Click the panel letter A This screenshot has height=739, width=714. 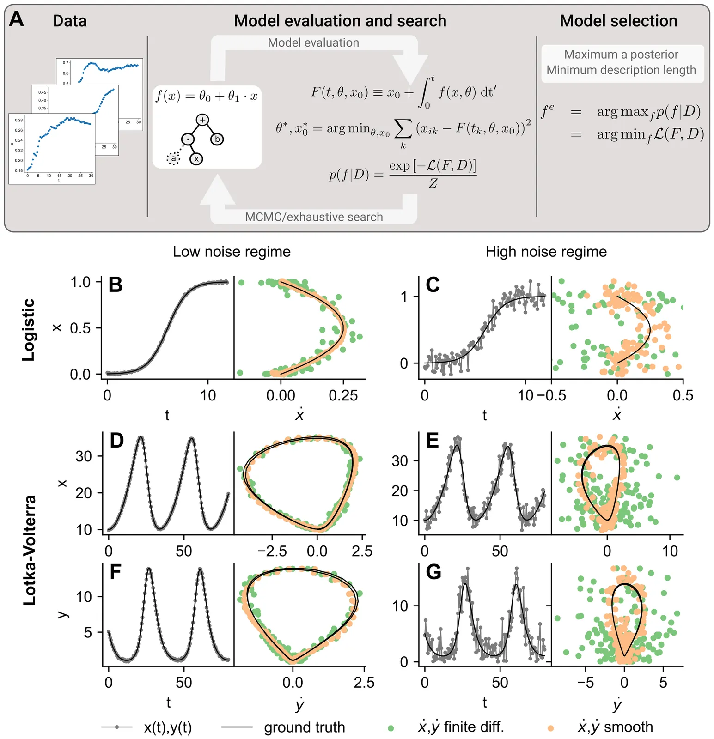click(17, 19)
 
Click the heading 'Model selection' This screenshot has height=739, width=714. click(618, 21)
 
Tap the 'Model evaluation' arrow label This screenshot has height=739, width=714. click(313, 43)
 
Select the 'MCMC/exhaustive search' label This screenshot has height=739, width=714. click(314, 217)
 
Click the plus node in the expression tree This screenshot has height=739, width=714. click(202, 120)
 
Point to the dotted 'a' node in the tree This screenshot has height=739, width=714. click(173, 159)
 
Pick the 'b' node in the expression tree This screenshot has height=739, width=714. click(217, 139)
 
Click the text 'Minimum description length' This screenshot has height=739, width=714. click(621, 70)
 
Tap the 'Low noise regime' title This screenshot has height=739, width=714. click(232, 252)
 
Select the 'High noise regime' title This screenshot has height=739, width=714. click(546, 252)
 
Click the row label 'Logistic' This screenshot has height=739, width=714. click(29, 329)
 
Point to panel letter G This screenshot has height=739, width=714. click(433, 572)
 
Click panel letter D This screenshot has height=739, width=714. click(116, 441)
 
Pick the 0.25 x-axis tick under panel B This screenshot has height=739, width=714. click(343, 396)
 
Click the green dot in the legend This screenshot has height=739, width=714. click(391, 728)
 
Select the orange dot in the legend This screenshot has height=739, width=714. click(550, 728)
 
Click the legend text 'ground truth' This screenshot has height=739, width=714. click(304, 727)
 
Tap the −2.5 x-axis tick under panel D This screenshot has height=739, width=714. click(272, 551)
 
